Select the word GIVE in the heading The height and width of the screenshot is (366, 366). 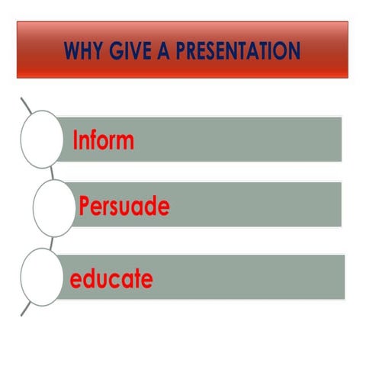point(127,52)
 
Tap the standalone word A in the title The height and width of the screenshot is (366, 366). point(159,52)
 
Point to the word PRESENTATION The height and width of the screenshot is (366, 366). point(233,52)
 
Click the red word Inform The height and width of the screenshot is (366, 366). point(103,141)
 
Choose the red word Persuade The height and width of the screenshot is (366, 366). point(124,207)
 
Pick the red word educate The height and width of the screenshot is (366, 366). point(111,279)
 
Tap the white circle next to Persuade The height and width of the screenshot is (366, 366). point(54,207)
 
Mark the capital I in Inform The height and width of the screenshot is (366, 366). point(75,141)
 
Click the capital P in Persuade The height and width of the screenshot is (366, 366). point(85,207)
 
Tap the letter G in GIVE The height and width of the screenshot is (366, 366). point(112,52)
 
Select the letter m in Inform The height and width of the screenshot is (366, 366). point(125,143)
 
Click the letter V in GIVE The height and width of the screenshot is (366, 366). point(130,52)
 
